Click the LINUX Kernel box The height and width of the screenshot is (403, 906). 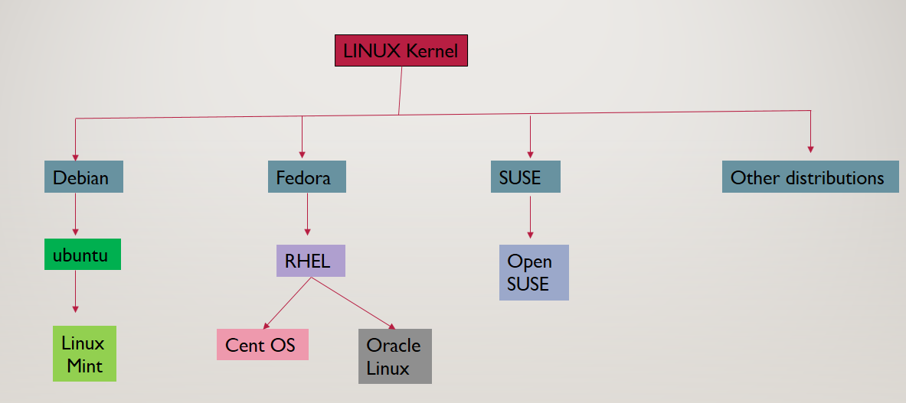point(401,51)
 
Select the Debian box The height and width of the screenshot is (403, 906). point(83,177)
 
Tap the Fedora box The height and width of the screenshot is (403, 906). point(306,177)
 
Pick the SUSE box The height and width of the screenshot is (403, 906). point(525,177)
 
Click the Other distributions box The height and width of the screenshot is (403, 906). point(810,177)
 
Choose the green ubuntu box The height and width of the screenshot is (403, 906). point(83,255)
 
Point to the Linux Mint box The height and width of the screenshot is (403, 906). point(84,353)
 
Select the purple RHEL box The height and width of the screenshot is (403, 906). point(310,261)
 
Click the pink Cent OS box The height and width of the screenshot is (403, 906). point(262,345)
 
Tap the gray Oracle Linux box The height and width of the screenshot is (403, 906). point(394,356)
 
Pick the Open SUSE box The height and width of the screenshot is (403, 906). point(534,272)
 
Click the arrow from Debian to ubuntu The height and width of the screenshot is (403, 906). point(75,214)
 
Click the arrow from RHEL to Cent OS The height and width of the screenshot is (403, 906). point(287,303)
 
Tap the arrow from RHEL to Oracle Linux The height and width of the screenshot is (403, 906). point(352,304)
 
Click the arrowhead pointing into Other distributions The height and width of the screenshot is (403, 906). point(810,148)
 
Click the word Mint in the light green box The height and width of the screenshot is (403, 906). point(84,366)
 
